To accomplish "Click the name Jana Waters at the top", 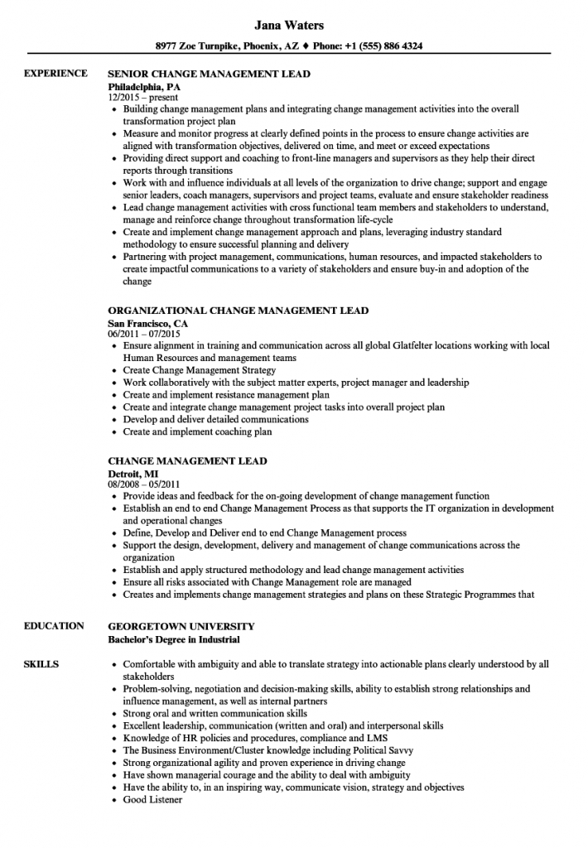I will coord(294,26).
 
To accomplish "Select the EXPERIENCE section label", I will coord(55,74).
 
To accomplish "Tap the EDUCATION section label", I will coord(54,625).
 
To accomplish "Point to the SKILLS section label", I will coord(41,664).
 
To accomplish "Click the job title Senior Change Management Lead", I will coord(210,74).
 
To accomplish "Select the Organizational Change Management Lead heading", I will coord(239,311).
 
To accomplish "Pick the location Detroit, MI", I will coord(133,473).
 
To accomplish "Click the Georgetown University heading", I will coord(181,625).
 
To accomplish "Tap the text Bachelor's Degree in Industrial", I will coord(175,638).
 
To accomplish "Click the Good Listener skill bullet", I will coord(152,799).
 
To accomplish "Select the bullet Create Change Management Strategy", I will coord(199,370).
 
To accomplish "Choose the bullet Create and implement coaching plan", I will coord(197,431).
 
